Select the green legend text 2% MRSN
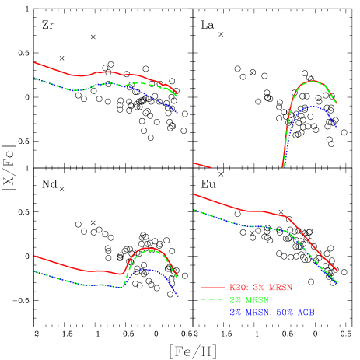pyautogui.click(x=249, y=299)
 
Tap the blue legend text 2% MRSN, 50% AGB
pyautogui.click(x=271, y=312)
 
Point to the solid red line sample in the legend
pyautogui.click(x=212, y=287)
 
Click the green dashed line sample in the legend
pyautogui.click(x=212, y=299)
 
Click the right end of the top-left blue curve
pyautogui.click(x=178, y=113)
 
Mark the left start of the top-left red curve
pyautogui.click(x=34, y=62)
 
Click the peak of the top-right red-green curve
pyautogui.click(x=313, y=81)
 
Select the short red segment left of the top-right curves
pyautogui.click(x=201, y=164)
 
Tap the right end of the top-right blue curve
pyautogui.click(x=337, y=128)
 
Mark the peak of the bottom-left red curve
pyautogui.click(x=148, y=248)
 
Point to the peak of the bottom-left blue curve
pyautogui.click(x=146, y=269)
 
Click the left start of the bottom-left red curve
pyautogui.click(x=34, y=255)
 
